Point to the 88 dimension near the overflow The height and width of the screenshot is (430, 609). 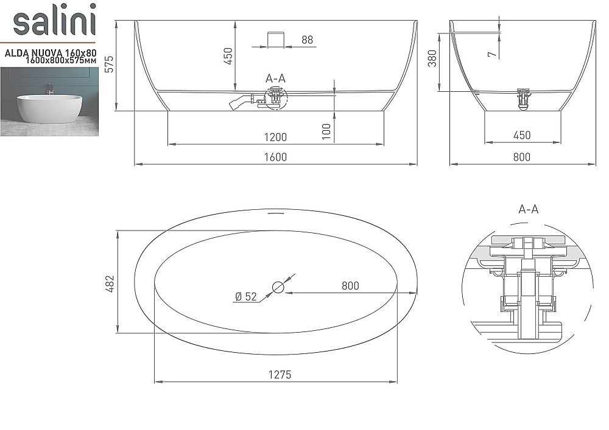307,40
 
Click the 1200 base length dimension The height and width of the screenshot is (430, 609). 275,137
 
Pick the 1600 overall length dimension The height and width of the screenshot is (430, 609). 275,157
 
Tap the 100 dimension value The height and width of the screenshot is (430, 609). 327,131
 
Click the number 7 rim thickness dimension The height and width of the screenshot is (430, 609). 492,54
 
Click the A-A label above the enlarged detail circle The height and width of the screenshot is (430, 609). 528,209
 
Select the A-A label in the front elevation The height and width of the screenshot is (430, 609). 275,78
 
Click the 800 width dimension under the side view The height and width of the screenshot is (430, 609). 521,157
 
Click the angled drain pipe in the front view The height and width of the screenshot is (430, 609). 239,102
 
